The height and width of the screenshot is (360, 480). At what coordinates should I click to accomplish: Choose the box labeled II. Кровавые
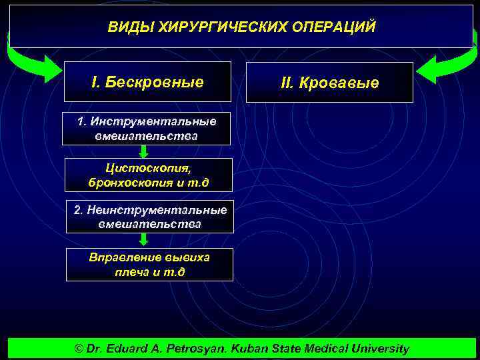pos(329,83)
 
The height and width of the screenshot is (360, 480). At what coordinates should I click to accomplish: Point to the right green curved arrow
pos(443,65)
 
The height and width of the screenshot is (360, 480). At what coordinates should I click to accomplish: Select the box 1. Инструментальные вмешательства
pos(147,129)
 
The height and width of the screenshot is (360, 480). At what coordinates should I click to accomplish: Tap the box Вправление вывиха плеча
pos(149,264)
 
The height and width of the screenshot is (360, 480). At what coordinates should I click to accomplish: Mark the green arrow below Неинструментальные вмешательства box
pos(143,240)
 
